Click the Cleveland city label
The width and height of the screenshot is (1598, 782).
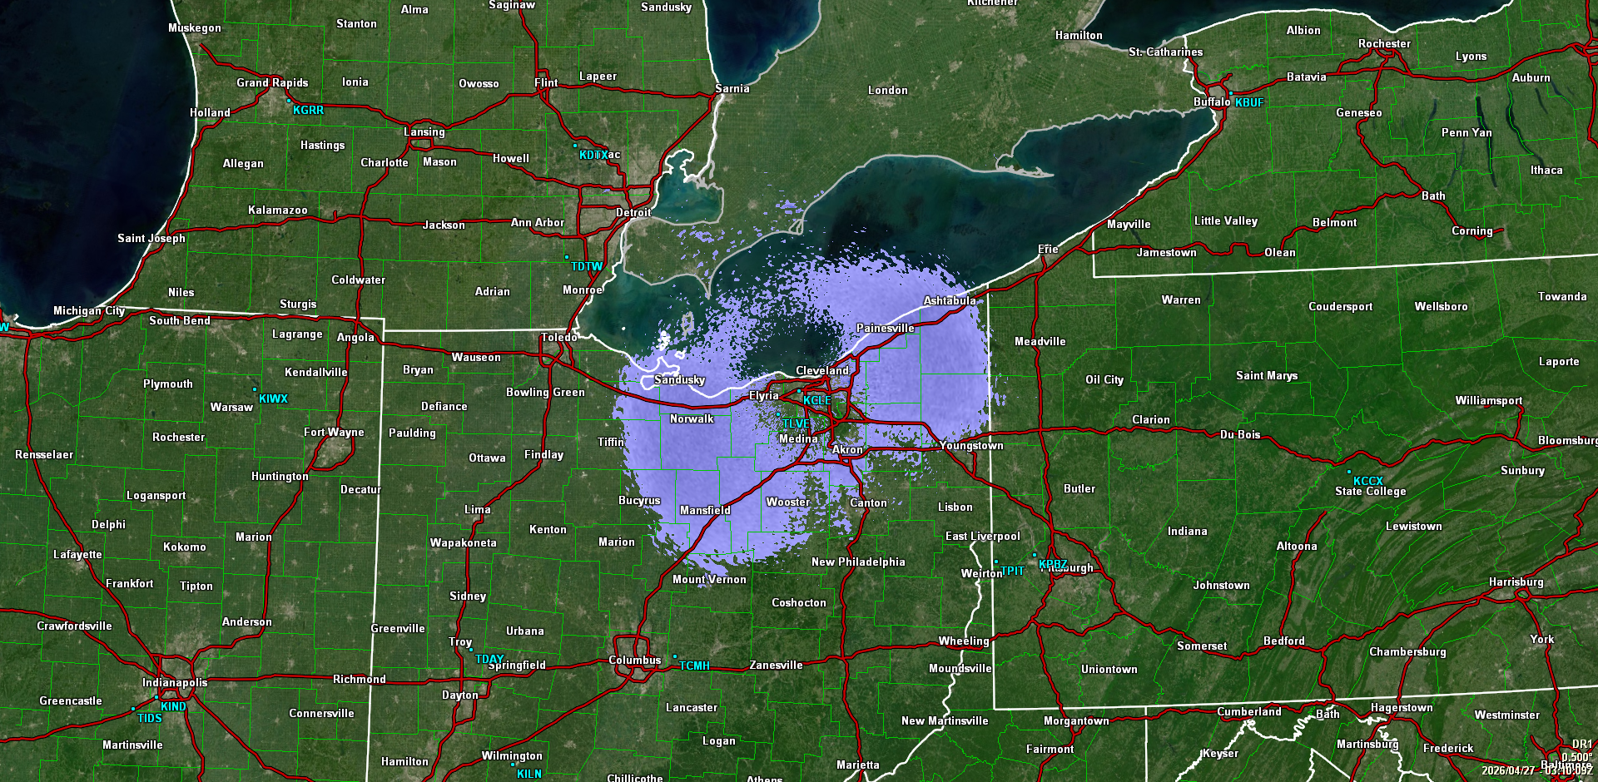click(x=821, y=370)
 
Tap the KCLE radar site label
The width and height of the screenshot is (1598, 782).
click(x=816, y=400)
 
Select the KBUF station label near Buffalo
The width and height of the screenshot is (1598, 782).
click(x=1248, y=102)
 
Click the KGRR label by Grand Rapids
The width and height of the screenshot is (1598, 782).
click(x=308, y=110)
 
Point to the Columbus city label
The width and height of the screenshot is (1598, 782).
click(x=634, y=660)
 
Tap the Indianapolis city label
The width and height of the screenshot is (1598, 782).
click(x=175, y=682)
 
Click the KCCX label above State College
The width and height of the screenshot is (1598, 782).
click(x=1367, y=481)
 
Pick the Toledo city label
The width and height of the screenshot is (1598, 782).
click(x=558, y=337)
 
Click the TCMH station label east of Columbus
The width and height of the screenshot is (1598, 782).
click(x=694, y=666)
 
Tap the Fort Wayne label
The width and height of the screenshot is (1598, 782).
click(x=334, y=432)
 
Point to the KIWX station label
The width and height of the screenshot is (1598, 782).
click(x=273, y=398)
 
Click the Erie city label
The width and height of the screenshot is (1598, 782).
click(x=1048, y=249)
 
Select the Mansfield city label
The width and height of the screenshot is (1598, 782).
click(x=705, y=510)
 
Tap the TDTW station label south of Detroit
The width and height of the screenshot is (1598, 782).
click(x=587, y=266)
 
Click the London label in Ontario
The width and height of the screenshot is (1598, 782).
click(x=887, y=90)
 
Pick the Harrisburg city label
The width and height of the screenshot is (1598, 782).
click(x=1516, y=582)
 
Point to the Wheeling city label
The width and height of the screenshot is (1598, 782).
click(x=964, y=641)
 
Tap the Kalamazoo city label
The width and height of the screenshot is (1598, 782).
click(x=277, y=210)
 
